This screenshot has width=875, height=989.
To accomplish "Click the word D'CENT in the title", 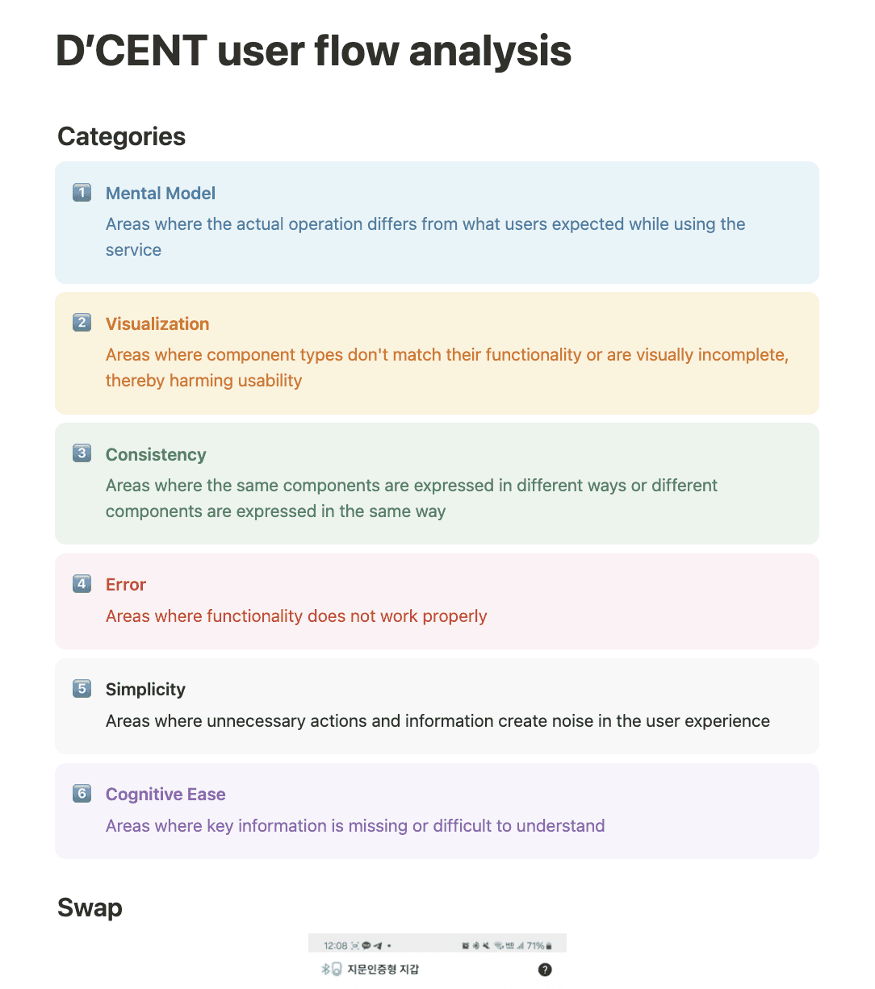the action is tap(131, 51).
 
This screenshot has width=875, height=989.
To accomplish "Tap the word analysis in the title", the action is tap(490, 51).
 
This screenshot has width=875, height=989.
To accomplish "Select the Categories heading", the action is tap(121, 136).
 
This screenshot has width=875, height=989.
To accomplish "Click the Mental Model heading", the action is tap(161, 194).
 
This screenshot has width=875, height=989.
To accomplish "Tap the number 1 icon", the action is tap(82, 193).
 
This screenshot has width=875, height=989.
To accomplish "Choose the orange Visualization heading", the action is tap(157, 324).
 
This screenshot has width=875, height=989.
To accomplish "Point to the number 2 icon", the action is tap(82, 323).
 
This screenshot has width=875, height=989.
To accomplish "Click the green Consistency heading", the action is tap(156, 455).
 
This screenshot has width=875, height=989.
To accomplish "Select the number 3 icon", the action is tap(82, 453).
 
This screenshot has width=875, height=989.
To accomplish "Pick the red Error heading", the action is tap(126, 585).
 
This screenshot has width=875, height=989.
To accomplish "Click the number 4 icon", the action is tap(82, 583).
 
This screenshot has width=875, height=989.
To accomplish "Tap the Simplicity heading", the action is tap(145, 690).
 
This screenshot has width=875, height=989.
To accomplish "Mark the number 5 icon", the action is tap(82, 689).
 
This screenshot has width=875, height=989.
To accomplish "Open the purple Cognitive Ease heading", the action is tap(165, 795).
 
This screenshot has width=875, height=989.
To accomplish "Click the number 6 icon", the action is tap(82, 794).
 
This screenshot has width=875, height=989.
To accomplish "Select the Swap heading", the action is tap(90, 908).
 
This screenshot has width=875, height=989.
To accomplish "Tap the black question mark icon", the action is tap(545, 970).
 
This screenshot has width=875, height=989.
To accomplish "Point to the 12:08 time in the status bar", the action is tap(335, 945).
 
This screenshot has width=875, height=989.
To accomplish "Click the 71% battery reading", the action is tap(535, 945).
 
